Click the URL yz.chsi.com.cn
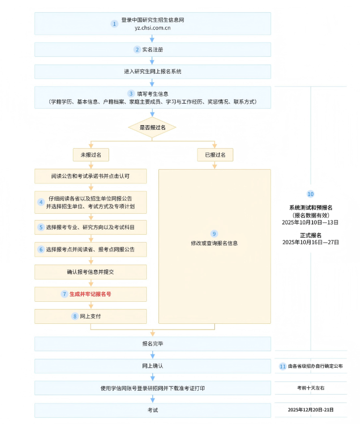tap(152, 28)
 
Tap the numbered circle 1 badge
tap(114, 23)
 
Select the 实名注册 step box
tap(152, 49)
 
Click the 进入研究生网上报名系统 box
tap(152, 71)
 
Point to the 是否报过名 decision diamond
tap(152, 127)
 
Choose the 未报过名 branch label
tap(90, 155)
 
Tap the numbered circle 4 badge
tap(41, 202)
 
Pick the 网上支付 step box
tap(90, 316)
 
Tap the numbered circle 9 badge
tap(214, 233)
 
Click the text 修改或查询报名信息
tap(214, 243)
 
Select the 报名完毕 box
tap(152, 344)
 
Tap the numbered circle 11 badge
tap(283, 366)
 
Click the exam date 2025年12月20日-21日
tap(311, 410)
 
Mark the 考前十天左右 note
tap(311, 388)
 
